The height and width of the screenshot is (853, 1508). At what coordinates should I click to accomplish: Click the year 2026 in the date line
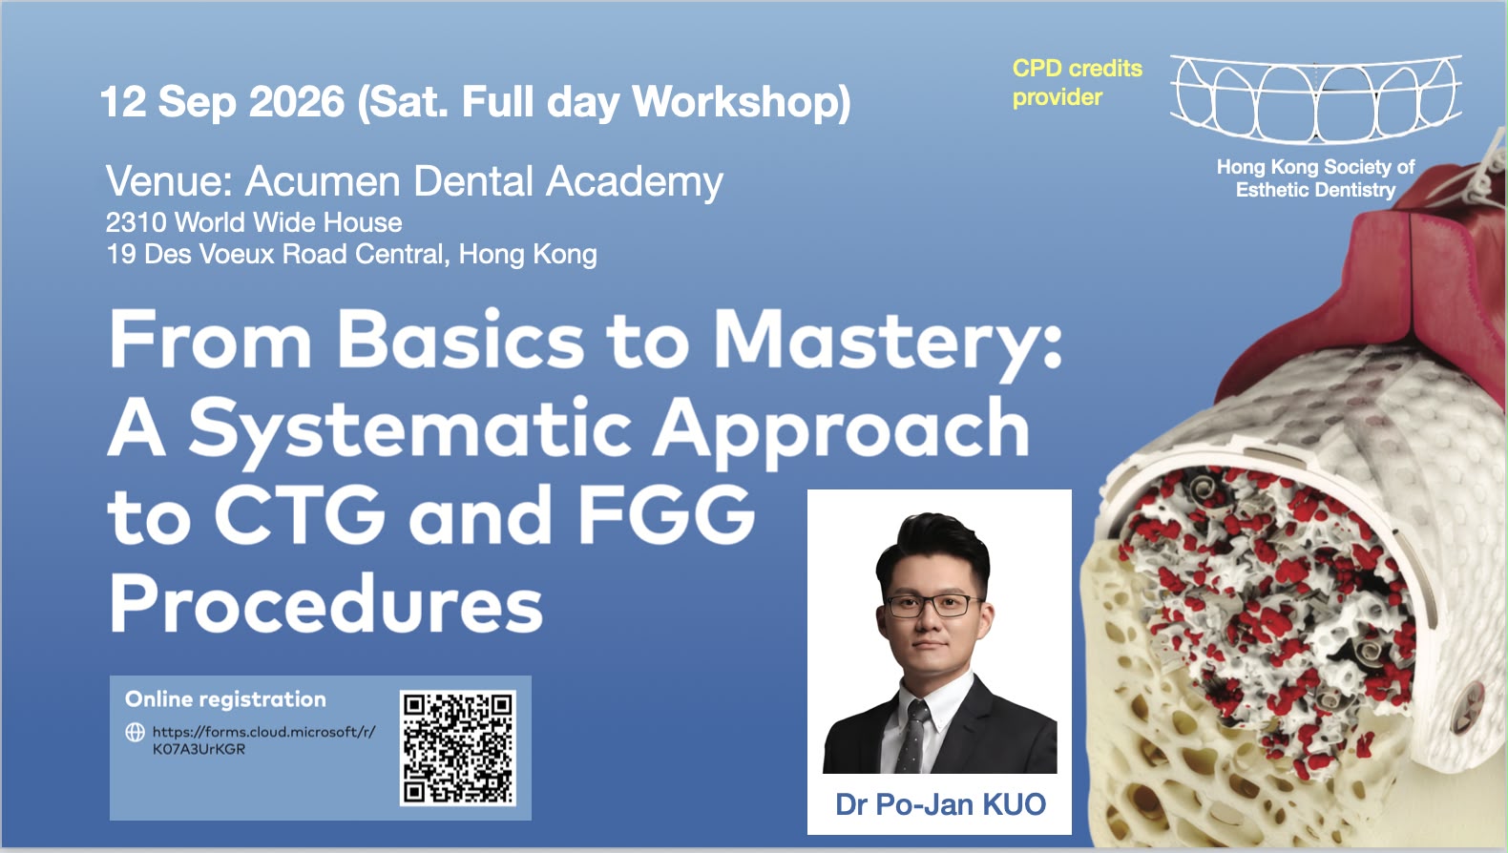(x=296, y=102)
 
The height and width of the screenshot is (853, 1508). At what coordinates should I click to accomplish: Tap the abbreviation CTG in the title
(x=301, y=515)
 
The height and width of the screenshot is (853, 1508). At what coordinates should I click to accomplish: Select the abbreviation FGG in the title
(x=666, y=515)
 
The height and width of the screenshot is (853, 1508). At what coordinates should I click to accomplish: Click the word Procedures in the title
(x=325, y=604)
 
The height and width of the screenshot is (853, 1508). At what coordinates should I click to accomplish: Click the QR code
(x=458, y=748)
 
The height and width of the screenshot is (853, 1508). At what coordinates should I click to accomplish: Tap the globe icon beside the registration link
(x=136, y=733)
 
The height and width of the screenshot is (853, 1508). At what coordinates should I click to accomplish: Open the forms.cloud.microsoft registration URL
(x=263, y=740)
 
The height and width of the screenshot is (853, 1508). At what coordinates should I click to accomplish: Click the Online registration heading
(x=225, y=699)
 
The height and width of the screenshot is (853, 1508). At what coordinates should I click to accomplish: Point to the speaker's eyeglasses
(x=935, y=606)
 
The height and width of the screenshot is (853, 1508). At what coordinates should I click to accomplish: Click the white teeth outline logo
(x=1316, y=99)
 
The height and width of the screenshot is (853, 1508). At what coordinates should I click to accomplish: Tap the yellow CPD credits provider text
(x=1078, y=83)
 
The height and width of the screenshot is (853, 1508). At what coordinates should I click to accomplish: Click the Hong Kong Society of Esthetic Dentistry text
(x=1315, y=178)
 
